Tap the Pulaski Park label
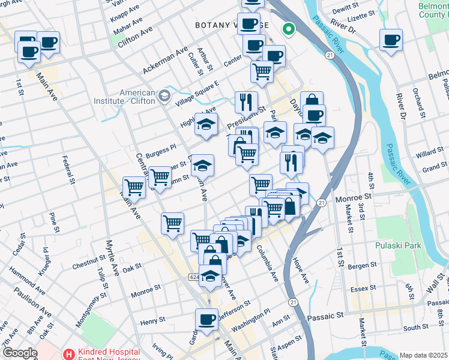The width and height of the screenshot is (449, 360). point(398,245)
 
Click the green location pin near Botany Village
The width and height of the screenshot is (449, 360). point(289,28)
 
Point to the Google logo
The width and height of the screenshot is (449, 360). point(20,353)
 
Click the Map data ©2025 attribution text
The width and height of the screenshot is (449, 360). point(424,355)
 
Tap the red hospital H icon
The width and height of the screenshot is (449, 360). point(70,354)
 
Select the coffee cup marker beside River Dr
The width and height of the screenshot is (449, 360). point(390,40)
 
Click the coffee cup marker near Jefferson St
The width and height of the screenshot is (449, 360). point(207,319)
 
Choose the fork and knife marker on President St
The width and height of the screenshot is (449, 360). point(246,101)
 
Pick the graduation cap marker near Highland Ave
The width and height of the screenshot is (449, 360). point(206,125)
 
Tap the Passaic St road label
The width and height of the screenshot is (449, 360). point(325,315)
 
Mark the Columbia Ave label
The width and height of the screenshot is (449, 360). point(267,263)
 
